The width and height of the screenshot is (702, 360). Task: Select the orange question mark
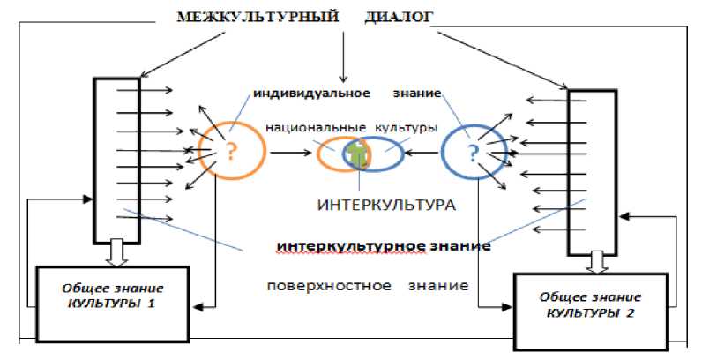pos(231,152)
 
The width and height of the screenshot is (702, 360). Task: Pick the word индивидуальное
pos(311,92)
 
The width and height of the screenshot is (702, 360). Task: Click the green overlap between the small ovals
pos(357,154)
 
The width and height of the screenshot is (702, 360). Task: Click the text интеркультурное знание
pos(384,246)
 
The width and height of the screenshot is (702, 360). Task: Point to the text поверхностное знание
pos(367,286)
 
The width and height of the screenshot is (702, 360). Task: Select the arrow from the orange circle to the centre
pos(292,153)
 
